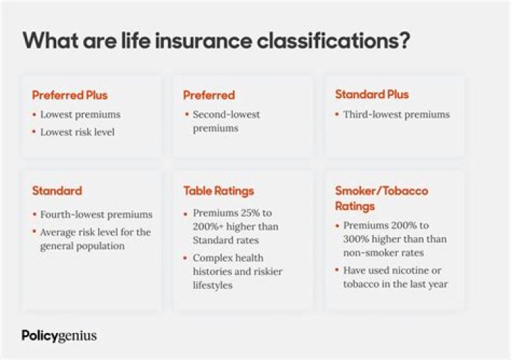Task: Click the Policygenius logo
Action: pyautogui.click(x=59, y=335)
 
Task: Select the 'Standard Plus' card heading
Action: pyautogui.click(x=372, y=94)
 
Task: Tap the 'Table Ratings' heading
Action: pyautogui.click(x=218, y=190)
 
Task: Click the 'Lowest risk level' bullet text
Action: pyautogui.click(x=77, y=132)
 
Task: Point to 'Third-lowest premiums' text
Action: pyautogui.click(x=396, y=114)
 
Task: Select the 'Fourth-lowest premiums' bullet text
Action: pyautogui.click(x=96, y=214)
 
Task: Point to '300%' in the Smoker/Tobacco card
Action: pyautogui.click(x=358, y=239)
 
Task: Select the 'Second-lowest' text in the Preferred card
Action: pyautogui.click(x=226, y=114)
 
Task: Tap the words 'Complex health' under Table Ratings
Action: pyautogui.click(x=228, y=258)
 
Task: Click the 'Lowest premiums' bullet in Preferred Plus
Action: pyautogui.click(x=80, y=114)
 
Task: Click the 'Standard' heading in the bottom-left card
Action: pyautogui.click(x=57, y=190)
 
